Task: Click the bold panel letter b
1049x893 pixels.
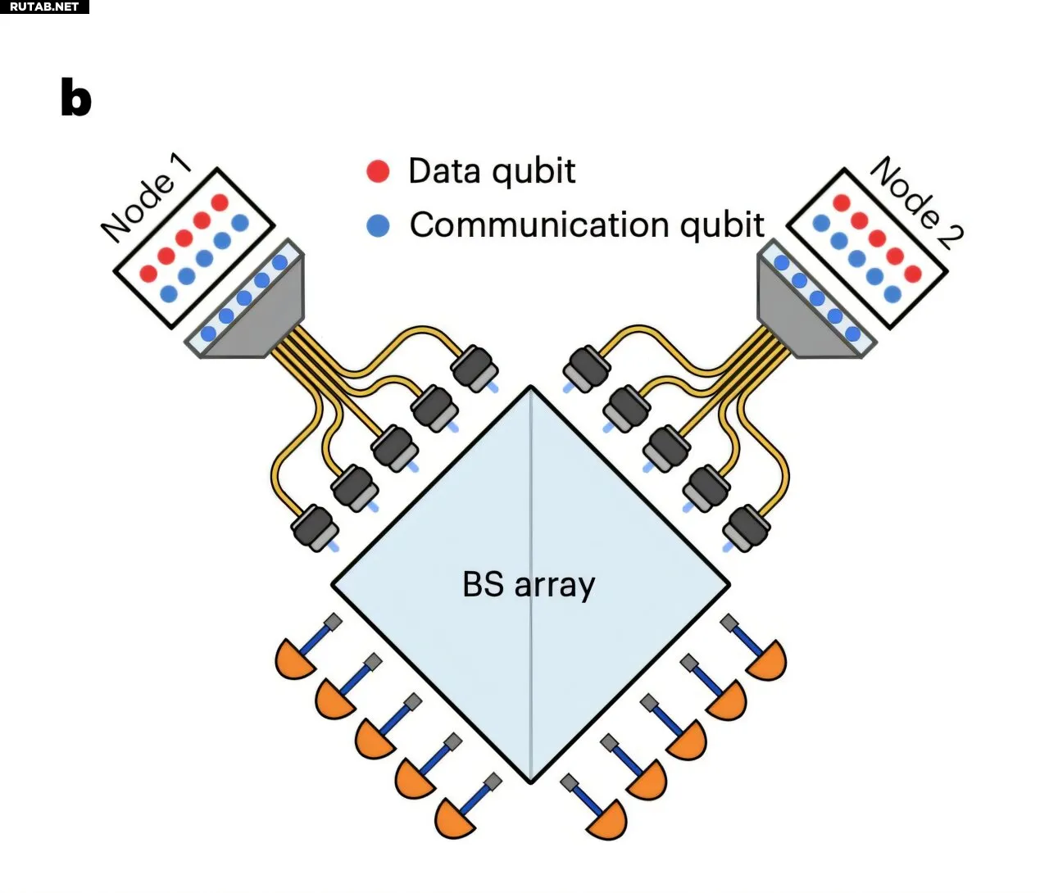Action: pyautogui.click(x=76, y=98)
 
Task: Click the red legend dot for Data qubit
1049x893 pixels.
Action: pyautogui.click(x=378, y=170)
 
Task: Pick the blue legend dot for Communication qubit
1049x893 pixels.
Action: pyautogui.click(x=378, y=225)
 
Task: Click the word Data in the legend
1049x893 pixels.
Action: pyautogui.click(x=443, y=170)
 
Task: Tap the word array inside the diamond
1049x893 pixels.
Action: pyautogui.click(x=555, y=586)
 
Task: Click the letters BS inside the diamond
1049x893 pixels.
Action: pyautogui.click(x=483, y=584)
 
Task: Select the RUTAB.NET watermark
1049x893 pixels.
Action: pyautogui.click(x=44, y=7)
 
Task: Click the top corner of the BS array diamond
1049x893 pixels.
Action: pyautogui.click(x=531, y=388)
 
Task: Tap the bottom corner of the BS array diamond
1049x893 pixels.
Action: pyautogui.click(x=530, y=782)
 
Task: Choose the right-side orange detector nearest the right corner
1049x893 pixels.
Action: pyautogui.click(x=766, y=660)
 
